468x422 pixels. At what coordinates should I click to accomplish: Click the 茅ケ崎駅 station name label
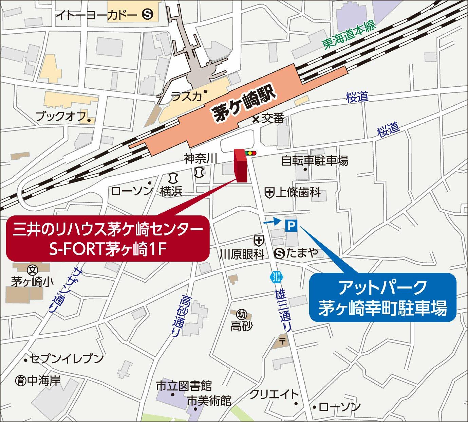point(243,106)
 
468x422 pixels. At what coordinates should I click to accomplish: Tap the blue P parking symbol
point(291,225)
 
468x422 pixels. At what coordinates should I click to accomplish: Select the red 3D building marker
point(241,166)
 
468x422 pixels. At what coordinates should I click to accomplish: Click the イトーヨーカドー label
point(96,15)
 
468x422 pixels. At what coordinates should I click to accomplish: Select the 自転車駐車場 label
point(315,161)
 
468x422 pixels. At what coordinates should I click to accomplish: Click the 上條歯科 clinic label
point(298,193)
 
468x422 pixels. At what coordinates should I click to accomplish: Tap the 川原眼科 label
point(242,254)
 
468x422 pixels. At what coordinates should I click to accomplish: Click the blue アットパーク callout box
point(382,297)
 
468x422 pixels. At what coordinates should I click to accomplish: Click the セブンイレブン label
point(67,358)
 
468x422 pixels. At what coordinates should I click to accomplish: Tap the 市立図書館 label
point(184,386)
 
